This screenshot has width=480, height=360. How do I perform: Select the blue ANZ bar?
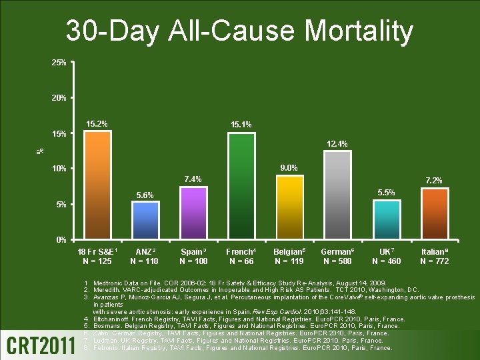145,219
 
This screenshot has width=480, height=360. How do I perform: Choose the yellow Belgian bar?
289,207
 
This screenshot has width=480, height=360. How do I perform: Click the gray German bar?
337,195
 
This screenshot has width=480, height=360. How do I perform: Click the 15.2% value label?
97,123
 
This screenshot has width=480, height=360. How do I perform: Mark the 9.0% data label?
289,167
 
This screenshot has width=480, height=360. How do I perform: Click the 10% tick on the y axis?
59,169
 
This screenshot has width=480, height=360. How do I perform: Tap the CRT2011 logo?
41,343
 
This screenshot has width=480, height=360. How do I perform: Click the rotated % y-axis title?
40,152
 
